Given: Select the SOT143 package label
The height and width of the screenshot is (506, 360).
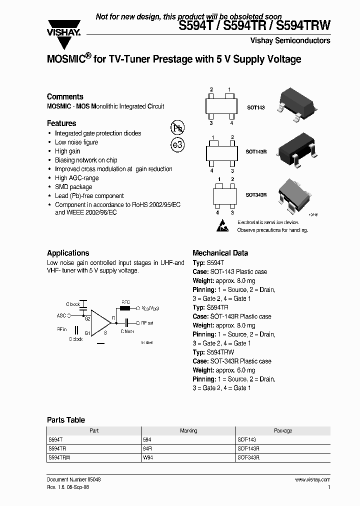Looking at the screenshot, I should click(256, 107).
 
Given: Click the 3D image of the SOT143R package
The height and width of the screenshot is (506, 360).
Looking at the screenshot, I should click(295, 148).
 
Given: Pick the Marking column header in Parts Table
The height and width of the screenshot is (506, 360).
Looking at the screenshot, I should click(188, 430).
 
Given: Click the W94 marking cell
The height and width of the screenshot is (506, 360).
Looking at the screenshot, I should click(148, 457).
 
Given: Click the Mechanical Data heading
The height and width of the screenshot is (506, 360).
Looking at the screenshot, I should click(220, 253).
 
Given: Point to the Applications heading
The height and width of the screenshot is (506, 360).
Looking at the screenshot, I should click(68, 253).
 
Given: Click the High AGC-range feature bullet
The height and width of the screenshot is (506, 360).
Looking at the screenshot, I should click(76, 178).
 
